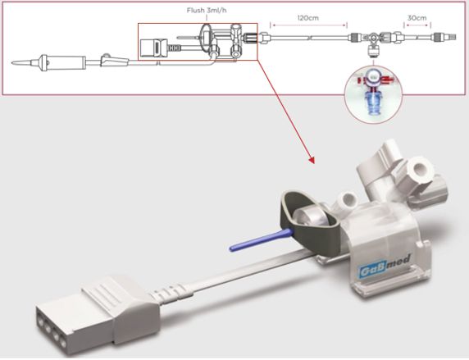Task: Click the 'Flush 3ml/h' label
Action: [207, 11]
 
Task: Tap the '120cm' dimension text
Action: [308, 18]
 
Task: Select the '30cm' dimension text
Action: [417, 18]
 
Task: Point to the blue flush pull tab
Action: [260, 240]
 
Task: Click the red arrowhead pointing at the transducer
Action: [312, 160]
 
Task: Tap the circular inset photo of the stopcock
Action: [373, 94]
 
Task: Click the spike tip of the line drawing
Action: [12, 63]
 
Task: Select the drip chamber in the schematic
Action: [63, 62]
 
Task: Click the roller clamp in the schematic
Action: [115, 61]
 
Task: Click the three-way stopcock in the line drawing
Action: [373, 40]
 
